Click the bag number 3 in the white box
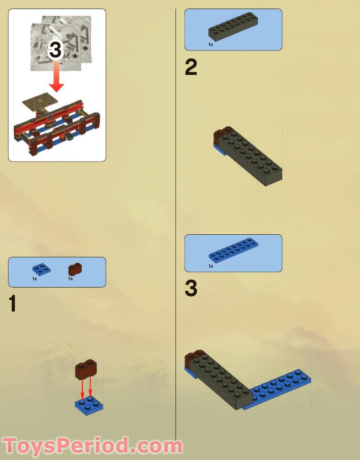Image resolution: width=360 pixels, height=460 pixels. pyautogui.click(x=55, y=49)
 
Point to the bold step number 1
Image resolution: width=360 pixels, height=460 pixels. pyautogui.click(x=13, y=304)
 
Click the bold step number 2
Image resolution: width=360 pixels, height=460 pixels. pyautogui.click(x=191, y=68)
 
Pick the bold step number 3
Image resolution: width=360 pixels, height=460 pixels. pyautogui.click(x=191, y=289)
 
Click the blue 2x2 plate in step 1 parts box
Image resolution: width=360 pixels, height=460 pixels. pyautogui.click(x=41, y=269)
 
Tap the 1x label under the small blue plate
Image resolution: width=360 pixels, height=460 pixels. pyautogui.click(x=34, y=279)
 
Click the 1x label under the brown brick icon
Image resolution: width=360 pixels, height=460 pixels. pyautogui.click(x=70, y=279)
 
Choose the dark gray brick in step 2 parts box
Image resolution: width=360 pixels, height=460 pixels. pyautogui.click(x=233, y=28)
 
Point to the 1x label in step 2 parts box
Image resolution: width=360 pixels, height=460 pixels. pyautogui.click(x=211, y=45)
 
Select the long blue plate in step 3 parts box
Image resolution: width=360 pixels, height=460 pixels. pyautogui.click(x=233, y=250)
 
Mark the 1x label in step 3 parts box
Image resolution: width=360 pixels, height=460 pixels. pyautogui.click(x=211, y=266)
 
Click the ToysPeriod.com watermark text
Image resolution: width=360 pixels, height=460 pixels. pyautogui.click(x=92, y=446)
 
